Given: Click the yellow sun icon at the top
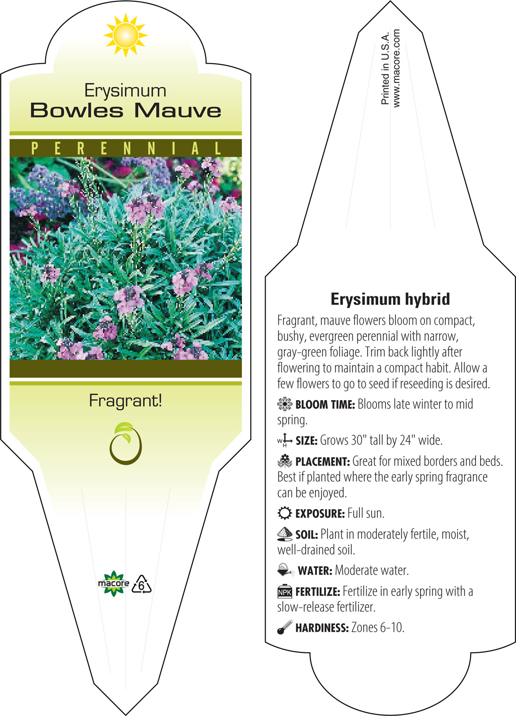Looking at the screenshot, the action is pyautogui.click(x=126, y=35).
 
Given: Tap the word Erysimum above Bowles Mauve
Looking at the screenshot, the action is pyautogui.click(x=125, y=91).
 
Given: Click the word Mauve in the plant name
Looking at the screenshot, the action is pyautogui.click(x=178, y=111).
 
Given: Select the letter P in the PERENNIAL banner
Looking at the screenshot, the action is pyautogui.click(x=34, y=148).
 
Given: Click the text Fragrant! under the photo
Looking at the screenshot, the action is pyautogui.click(x=125, y=401).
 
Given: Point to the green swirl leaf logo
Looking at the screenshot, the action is pyautogui.click(x=125, y=444).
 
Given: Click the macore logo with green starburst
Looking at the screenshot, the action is pyautogui.click(x=113, y=584).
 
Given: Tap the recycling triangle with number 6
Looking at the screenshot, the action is pyautogui.click(x=141, y=584).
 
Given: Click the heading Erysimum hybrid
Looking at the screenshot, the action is pyautogui.click(x=390, y=299).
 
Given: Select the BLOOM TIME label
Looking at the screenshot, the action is pyautogui.click(x=325, y=405).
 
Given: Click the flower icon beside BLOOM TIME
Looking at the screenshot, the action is pyautogui.click(x=285, y=404).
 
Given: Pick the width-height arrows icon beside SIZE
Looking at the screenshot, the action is pyautogui.click(x=285, y=440).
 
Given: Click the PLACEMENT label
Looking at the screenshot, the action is pyautogui.click(x=323, y=461).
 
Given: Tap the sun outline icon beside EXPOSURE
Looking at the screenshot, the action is pyautogui.click(x=285, y=513).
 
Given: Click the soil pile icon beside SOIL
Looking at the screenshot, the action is pyautogui.click(x=285, y=534).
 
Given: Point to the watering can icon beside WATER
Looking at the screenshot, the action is pyautogui.click(x=285, y=570).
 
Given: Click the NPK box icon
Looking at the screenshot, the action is pyautogui.click(x=285, y=592).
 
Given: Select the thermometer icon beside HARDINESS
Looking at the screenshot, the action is pyautogui.click(x=285, y=627).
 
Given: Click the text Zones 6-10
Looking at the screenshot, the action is pyautogui.click(x=378, y=628).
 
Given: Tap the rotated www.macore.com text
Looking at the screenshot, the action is pyautogui.click(x=396, y=68).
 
